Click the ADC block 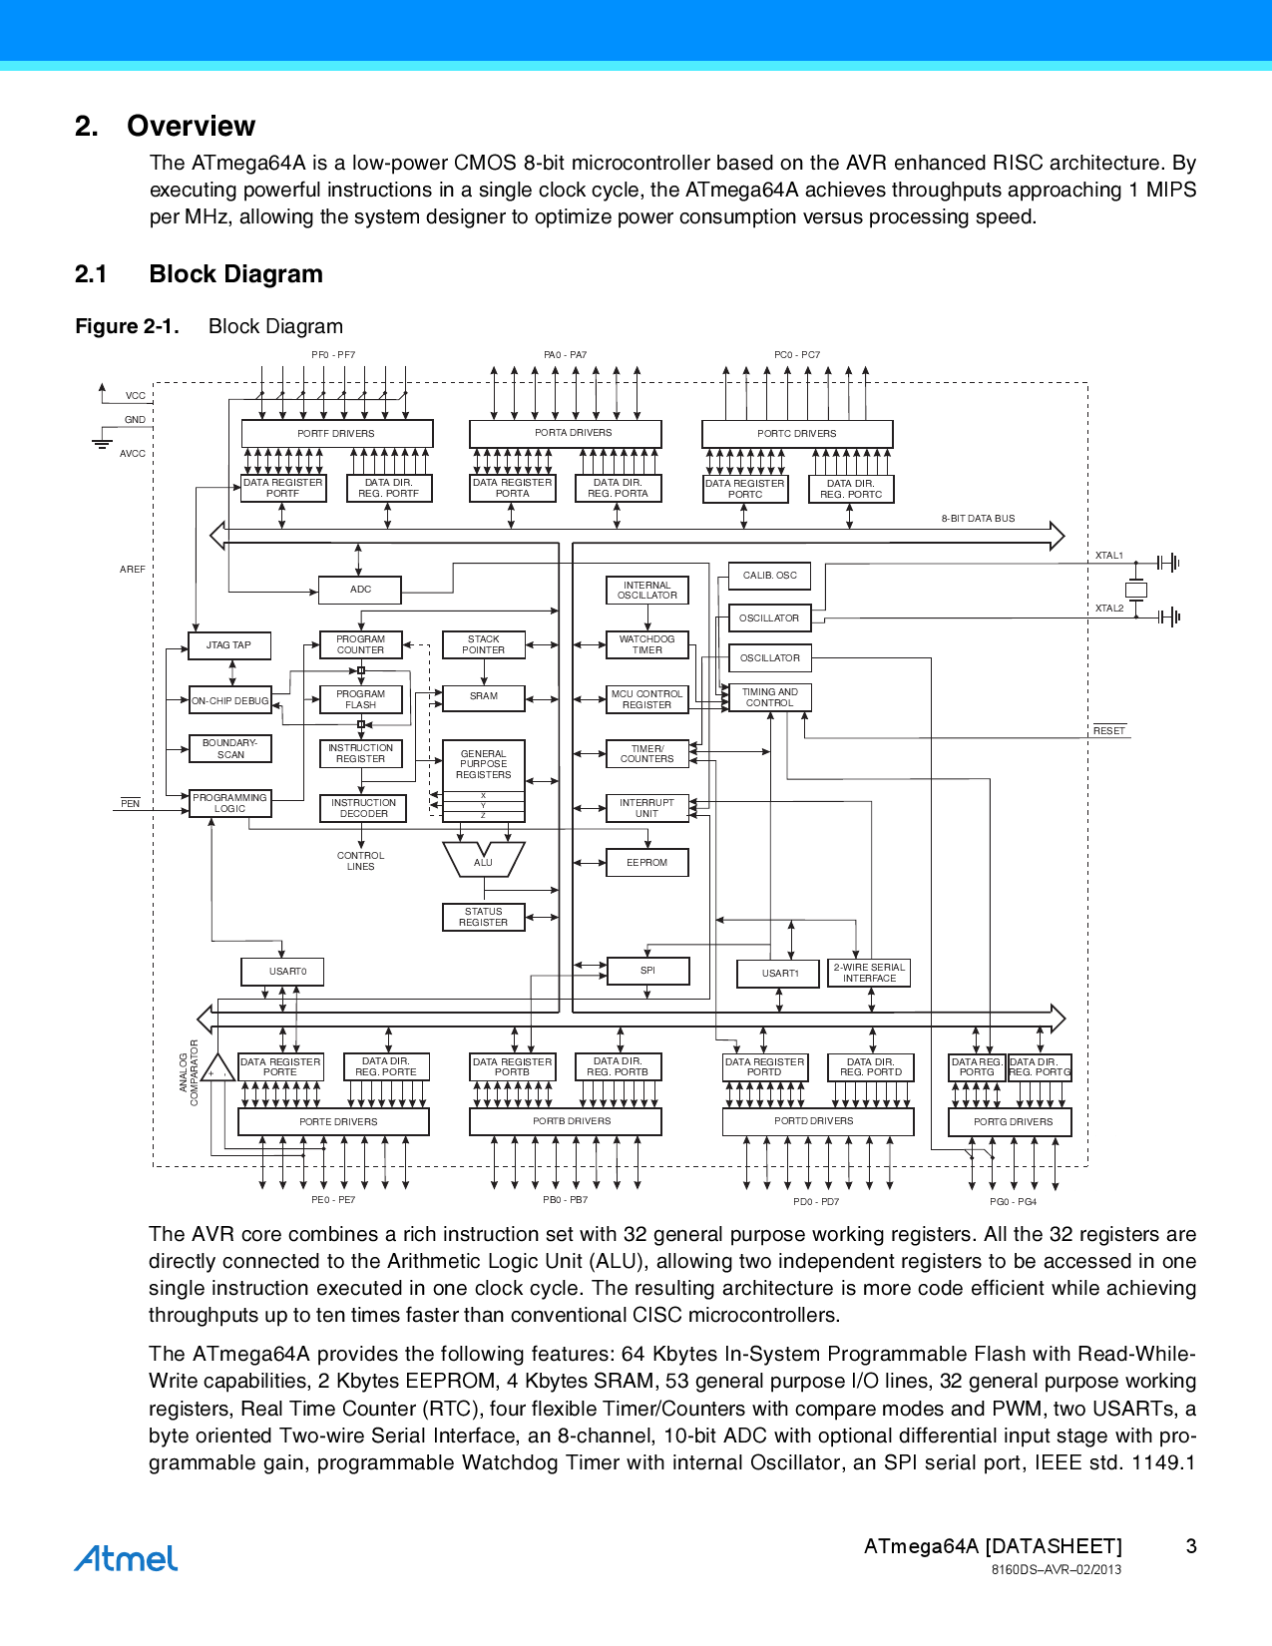point(360,590)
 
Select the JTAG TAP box point(229,645)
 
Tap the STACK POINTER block point(484,644)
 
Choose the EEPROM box point(647,863)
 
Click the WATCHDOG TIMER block point(647,644)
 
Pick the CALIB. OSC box point(769,576)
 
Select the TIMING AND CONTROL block point(769,697)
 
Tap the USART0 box point(282,972)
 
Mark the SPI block point(647,971)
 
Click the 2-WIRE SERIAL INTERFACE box point(869,973)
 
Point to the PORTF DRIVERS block point(336,434)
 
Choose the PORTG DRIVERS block point(1010,1122)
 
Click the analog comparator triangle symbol point(216,1070)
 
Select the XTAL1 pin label point(1108,556)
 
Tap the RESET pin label point(1108,731)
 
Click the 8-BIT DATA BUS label point(978,519)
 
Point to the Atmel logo point(126,1559)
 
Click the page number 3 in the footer point(1191,1546)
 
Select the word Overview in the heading point(191,126)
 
